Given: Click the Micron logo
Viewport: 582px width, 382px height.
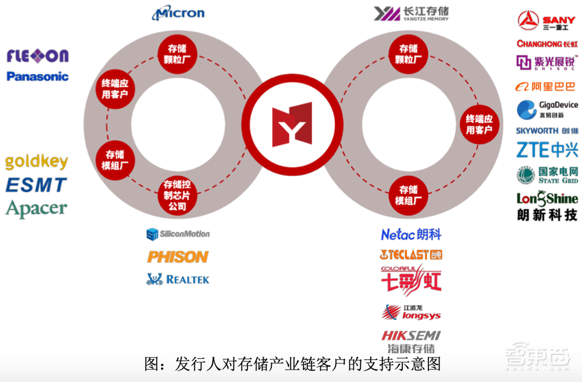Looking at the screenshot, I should pyautogui.click(x=178, y=12).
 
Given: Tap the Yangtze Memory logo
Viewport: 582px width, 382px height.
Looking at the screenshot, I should pyautogui.click(x=411, y=13).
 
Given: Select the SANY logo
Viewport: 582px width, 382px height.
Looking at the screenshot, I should pyautogui.click(x=546, y=20).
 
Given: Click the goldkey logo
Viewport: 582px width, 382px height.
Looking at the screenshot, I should pyautogui.click(x=37, y=162).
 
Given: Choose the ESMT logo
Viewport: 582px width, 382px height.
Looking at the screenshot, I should pyautogui.click(x=37, y=185).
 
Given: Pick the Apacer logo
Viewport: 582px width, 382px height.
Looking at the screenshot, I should pyautogui.click(x=37, y=208).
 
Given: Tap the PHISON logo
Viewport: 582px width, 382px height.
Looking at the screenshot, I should pyautogui.click(x=178, y=257).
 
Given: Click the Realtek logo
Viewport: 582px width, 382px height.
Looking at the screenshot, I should pyautogui.click(x=178, y=280).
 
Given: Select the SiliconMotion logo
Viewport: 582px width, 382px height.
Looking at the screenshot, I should pyautogui.click(x=178, y=234).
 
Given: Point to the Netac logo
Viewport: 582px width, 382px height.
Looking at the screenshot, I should pyautogui.click(x=411, y=235).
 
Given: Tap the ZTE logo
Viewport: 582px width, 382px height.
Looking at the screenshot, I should pyautogui.click(x=547, y=150).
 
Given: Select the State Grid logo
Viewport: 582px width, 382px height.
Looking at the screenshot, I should pyautogui.click(x=547, y=175).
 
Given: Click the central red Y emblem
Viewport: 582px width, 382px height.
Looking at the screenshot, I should pyautogui.click(x=292, y=126).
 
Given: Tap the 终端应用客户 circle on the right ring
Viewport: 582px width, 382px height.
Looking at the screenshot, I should pyautogui.click(x=479, y=124).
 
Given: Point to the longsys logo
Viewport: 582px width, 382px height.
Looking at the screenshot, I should pyautogui.click(x=411, y=312).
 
